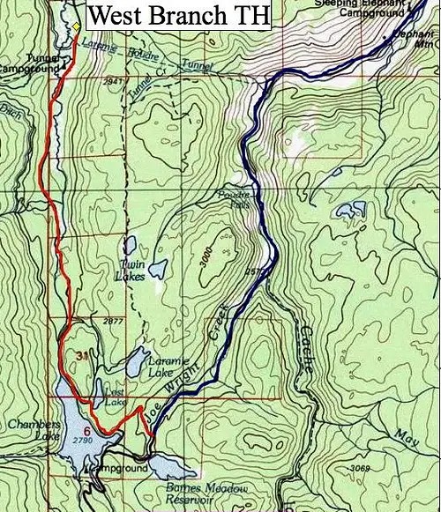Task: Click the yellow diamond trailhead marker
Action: click(77, 26)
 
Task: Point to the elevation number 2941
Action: click(111, 81)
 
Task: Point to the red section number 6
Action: click(86, 430)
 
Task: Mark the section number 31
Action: click(82, 355)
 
